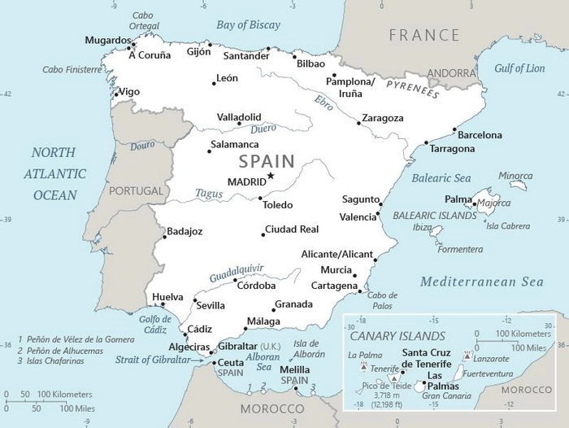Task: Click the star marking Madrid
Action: click(271, 176)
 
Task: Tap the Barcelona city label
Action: click(479, 135)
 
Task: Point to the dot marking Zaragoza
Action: click(358, 123)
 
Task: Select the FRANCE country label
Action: click(423, 36)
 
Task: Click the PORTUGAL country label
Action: click(136, 190)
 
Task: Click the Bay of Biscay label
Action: click(248, 24)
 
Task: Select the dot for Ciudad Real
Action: click(263, 234)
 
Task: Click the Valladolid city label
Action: click(239, 117)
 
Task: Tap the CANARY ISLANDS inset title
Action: click(397, 335)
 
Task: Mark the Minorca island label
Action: click(515, 176)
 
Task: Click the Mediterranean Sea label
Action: click(481, 282)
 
